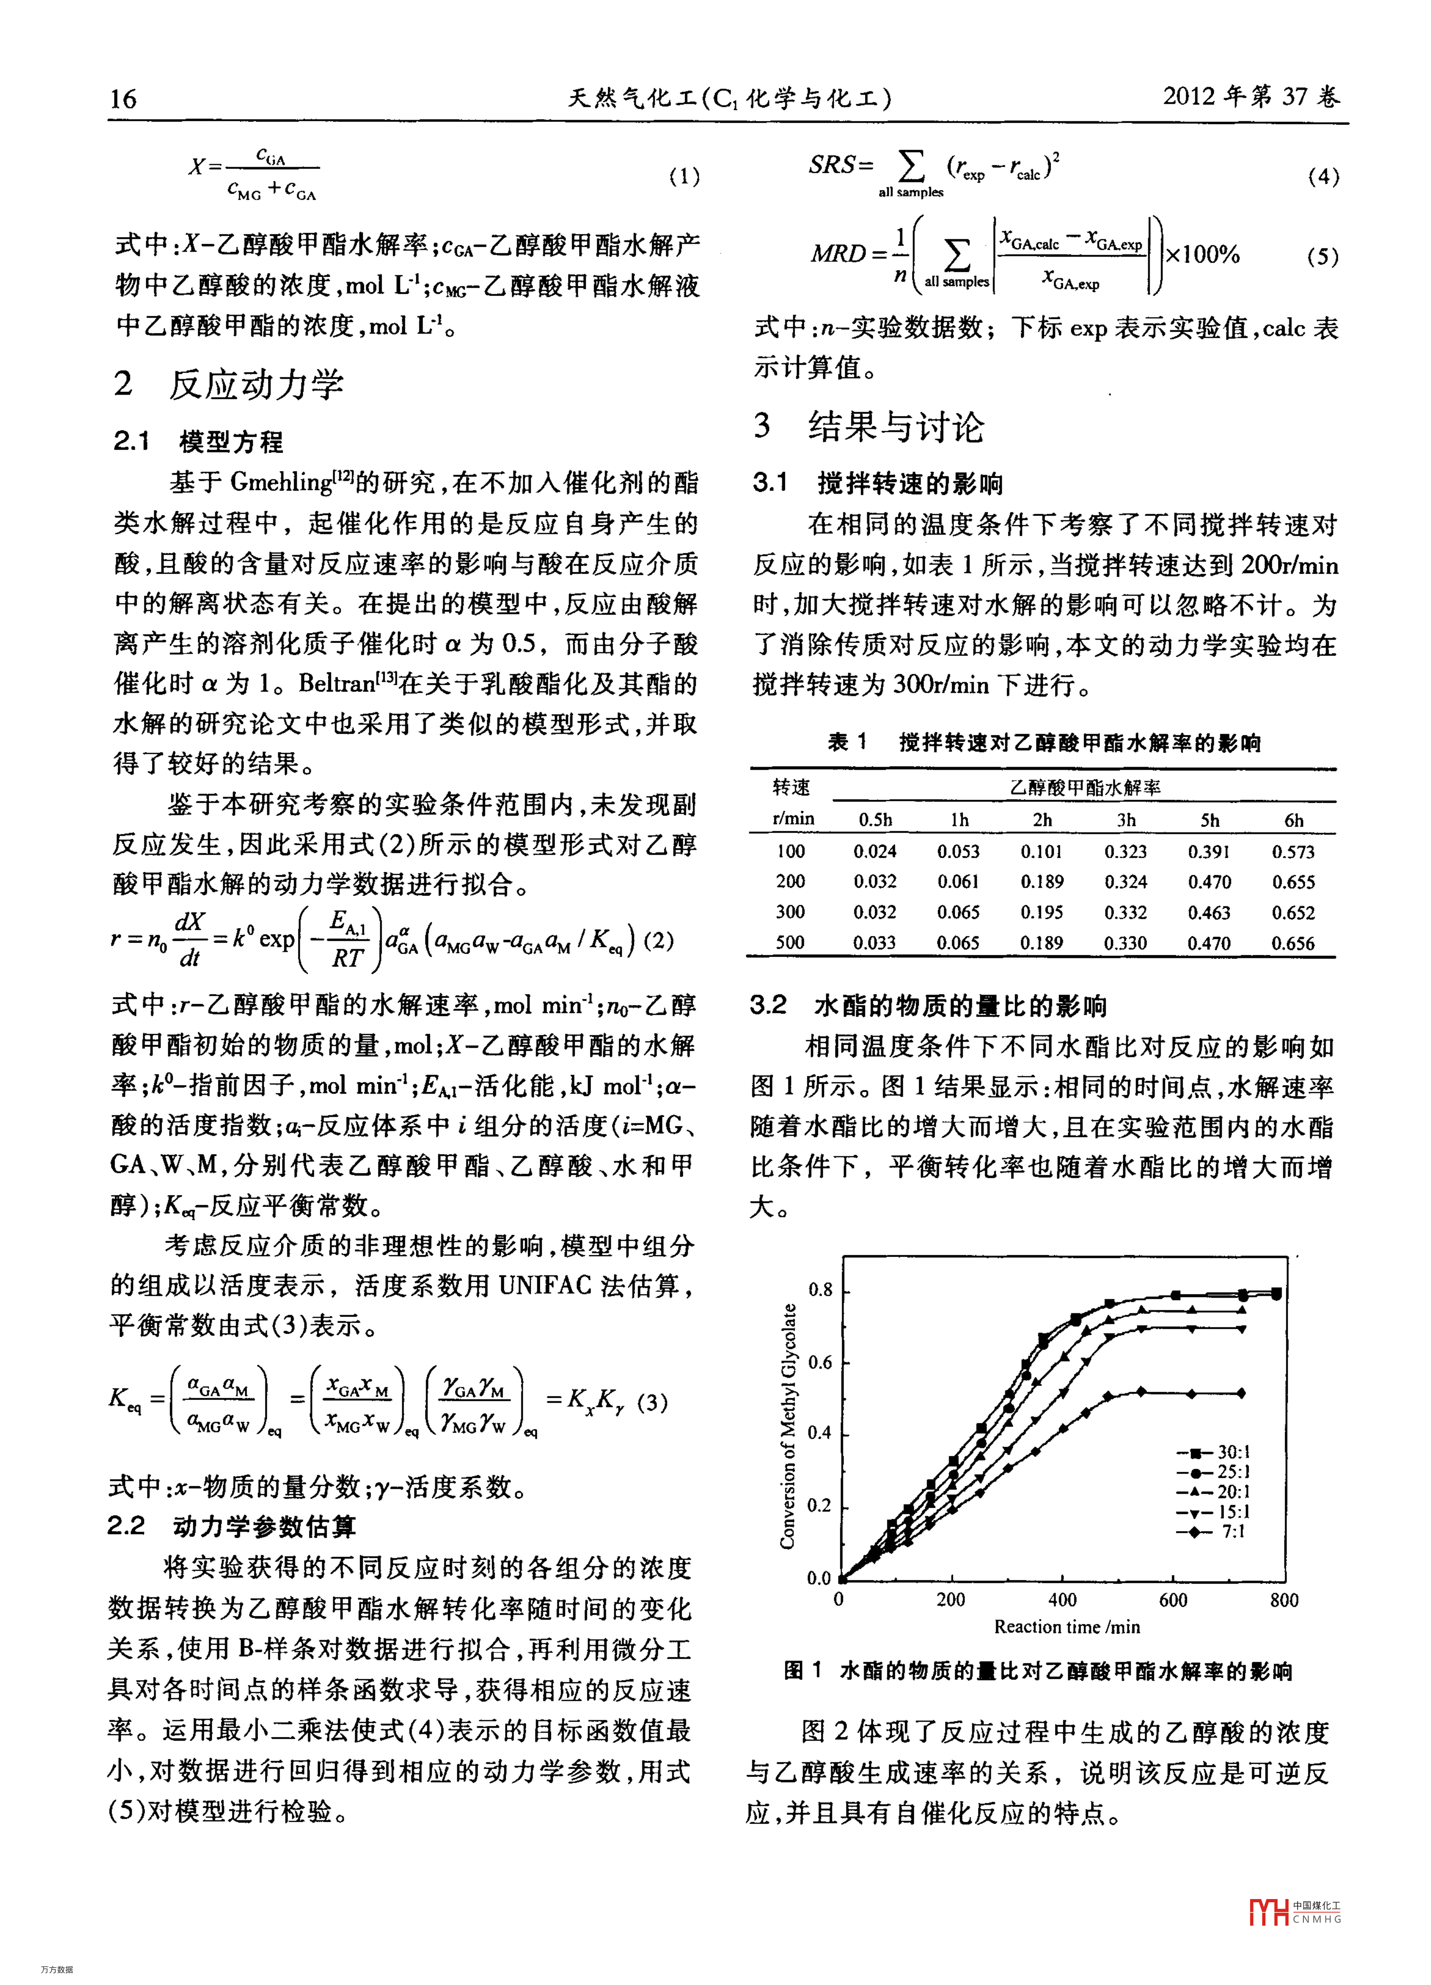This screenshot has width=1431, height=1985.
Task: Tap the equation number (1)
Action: pos(684,177)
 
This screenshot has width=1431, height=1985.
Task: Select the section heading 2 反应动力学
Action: pos(229,384)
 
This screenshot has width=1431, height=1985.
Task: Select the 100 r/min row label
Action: pos(790,851)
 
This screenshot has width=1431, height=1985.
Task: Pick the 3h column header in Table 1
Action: pos(1126,820)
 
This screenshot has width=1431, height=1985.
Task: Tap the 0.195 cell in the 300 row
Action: pos(1041,912)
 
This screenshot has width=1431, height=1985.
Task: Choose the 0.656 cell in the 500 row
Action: pos(1293,943)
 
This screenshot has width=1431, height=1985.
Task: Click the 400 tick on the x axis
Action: pos(1063,1600)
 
